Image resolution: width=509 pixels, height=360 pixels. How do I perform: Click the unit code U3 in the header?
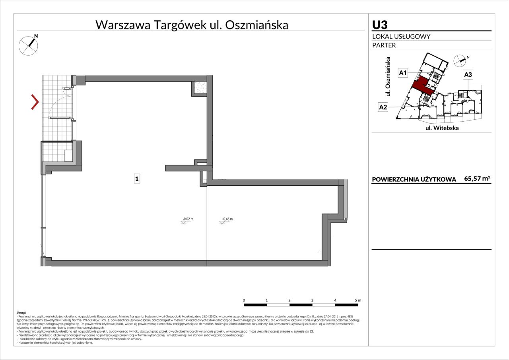click(380, 25)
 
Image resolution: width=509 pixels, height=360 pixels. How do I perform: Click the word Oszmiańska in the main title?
click(256, 25)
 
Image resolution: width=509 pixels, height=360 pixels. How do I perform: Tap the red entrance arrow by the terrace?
click(35, 102)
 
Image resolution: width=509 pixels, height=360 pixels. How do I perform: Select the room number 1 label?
click(137, 179)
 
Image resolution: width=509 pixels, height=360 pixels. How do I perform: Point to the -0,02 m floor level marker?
click(187, 219)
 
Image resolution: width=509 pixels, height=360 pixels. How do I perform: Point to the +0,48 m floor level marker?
click(226, 219)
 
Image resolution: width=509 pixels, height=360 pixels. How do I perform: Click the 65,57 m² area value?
click(477, 179)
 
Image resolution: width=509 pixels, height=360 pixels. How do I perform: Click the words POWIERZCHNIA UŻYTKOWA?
click(414, 179)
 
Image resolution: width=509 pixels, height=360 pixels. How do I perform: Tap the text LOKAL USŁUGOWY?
click(401, 37)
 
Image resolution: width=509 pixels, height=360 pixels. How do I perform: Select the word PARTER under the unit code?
click(384, 45)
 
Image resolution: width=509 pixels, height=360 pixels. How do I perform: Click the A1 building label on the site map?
click(403, 73)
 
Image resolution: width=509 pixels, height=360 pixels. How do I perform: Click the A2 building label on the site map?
click(383, 107)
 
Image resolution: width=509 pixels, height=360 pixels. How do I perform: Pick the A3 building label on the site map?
click(468, 74)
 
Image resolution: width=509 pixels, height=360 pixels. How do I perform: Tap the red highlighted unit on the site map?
click(420, 84)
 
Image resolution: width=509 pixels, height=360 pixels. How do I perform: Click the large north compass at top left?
click(29, 45)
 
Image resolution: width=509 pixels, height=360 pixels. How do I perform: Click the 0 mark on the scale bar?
click(244, 300)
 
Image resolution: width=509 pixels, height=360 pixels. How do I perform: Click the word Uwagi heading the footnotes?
click(21, 313)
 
